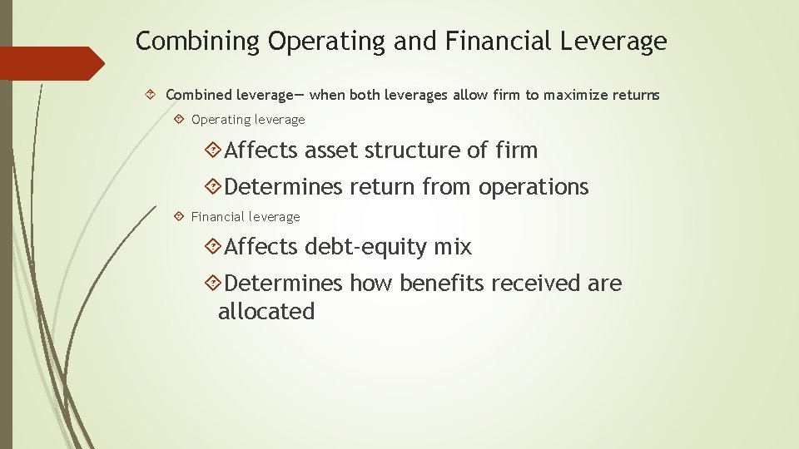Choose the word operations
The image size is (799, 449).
tap(533, 188)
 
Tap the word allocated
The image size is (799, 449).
tap(266, 313)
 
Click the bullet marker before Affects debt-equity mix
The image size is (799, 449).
tap(212, 247)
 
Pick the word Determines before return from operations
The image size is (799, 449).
tap(283, 188)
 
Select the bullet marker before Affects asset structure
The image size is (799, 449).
tap(212, 150)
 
